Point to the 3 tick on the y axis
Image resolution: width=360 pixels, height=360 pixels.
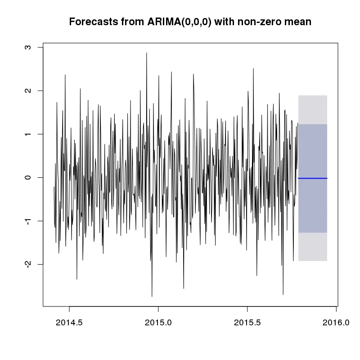[x=28, y=47]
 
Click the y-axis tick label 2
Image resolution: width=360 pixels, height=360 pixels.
[x=28, y=90]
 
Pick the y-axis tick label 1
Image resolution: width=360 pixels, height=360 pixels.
[x=28, y=134]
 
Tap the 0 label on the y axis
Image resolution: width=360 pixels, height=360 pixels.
[x=28, y=177]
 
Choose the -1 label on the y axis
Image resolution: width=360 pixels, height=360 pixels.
[x=28, y=221]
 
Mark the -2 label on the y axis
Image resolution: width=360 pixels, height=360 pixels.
[x=28, y=264]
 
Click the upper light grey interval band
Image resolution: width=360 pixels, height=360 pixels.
[x=313, y=110]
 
